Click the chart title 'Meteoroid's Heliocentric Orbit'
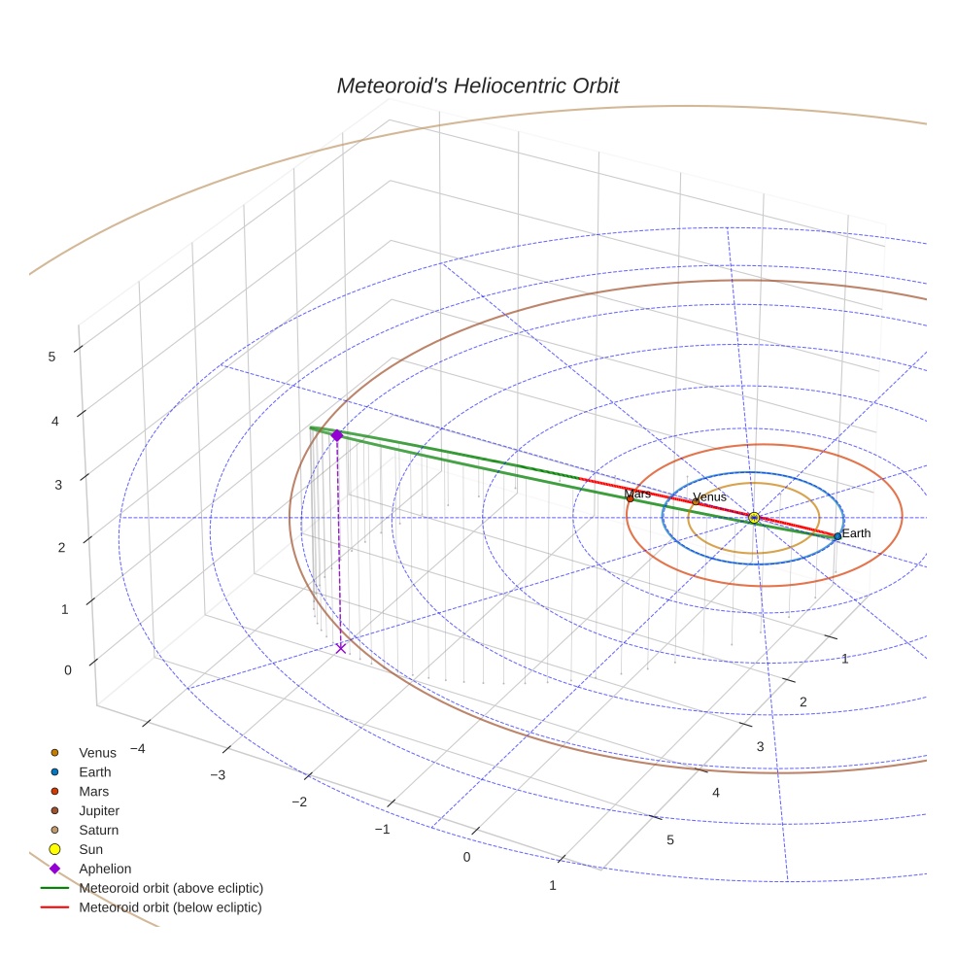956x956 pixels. (477, 86)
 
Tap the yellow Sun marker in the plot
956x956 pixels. (754, 518)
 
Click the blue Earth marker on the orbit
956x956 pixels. (837, 536)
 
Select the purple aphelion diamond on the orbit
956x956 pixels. (336, 435)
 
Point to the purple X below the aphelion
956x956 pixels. (340, 648)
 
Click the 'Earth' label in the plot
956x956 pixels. (856, 533)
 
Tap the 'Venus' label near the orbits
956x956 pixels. (709, 497)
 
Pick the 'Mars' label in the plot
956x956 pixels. (638, 495)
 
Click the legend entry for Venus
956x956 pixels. (97, 753)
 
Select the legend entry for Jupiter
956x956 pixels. (99, 811)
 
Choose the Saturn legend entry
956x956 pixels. (98, 831)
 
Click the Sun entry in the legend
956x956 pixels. (90, 850)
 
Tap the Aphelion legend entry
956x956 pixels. (105, 870)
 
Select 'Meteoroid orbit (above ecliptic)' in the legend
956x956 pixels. (171, 889)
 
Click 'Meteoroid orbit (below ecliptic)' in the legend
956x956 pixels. (170, 908)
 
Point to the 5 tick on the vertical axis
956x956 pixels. (51, 357)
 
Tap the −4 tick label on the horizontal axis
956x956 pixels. (137, 748)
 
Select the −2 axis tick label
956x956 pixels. (299, 802)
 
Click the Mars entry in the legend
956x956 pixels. (93, 792)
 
